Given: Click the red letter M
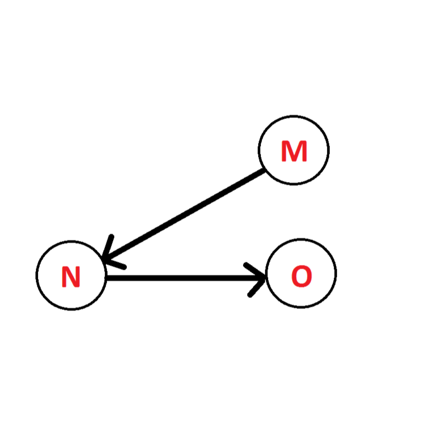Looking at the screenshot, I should point(294,151).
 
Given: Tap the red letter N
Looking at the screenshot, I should point(71,277).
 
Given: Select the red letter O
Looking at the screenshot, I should point(301,276).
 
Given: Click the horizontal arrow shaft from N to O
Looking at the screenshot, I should point(183,278).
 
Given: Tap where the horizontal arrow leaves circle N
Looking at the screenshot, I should point(107,278).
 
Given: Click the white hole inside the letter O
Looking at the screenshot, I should point(301,276).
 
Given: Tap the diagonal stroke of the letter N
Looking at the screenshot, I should point(71,277).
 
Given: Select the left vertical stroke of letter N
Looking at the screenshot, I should point(64,277).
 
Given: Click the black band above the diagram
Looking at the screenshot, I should point(210,45).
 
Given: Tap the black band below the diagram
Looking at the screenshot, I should point(210,376).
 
